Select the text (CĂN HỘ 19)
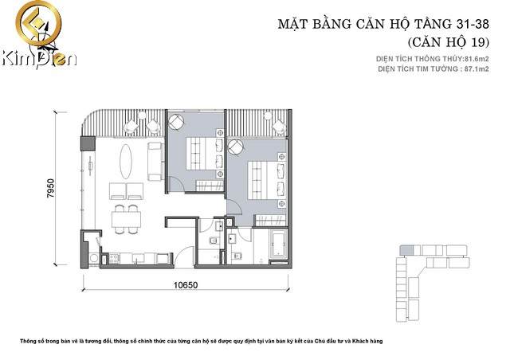coord(448,42)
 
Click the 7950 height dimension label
coord(51,188)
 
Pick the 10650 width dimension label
coord(186,285)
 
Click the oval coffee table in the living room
coord(126,162)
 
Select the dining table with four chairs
coord(126,219)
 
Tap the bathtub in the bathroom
coord(278,244)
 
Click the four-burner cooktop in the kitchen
coord(113,259)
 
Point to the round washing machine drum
coord(94,258)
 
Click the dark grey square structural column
coord(88,143)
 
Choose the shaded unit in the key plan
coord(406,250)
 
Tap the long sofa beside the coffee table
coord(155,162)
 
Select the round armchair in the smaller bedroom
coord(176,123)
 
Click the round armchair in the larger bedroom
coord(235,147)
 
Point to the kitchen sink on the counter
coord(138,259)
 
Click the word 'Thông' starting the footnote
coord(28,341)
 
